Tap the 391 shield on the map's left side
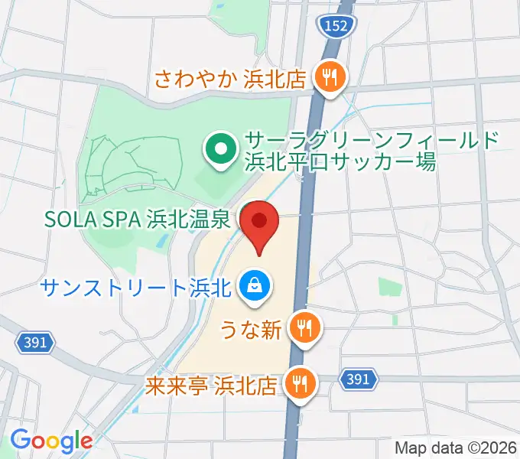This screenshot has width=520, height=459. [35, 344]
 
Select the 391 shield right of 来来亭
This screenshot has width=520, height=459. [359, 379]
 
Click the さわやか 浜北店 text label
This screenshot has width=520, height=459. [230, 78]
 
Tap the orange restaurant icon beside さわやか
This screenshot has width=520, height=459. [331, 76]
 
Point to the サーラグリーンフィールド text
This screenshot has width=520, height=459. [372, 141]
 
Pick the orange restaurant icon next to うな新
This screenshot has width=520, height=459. [305, 329]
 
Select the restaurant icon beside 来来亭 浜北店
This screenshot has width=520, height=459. [297, 381]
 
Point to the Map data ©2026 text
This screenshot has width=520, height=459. [456, 448]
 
